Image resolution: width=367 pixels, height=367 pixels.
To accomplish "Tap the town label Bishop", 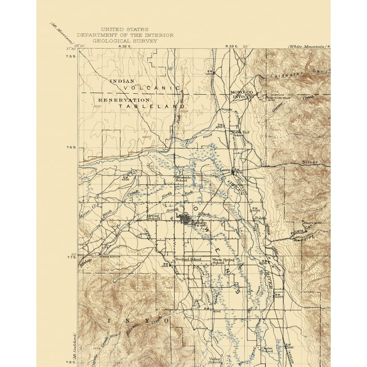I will click(x=198, y=222).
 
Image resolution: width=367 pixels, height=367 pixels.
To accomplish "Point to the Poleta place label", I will click(x=260, y=217).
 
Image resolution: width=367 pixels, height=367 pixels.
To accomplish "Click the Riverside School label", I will click(x=183, y=178).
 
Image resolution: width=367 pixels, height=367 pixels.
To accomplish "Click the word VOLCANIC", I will click(x=151, y=88).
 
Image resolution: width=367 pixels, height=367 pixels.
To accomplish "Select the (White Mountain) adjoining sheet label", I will click(x=306, y=46).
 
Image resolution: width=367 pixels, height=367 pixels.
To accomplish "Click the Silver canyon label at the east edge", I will click(x=310, y=162).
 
